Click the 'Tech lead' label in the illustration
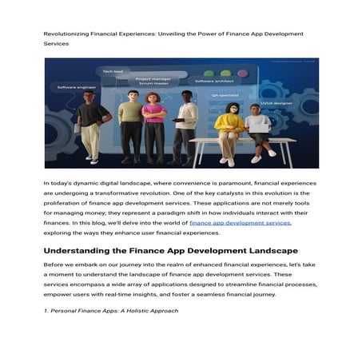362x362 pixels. coord(113,71)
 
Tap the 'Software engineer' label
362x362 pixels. coord(77,86)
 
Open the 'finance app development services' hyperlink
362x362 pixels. coord(240,223)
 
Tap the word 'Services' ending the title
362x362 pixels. coord(56,43)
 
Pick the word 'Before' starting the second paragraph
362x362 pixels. coord(54,265)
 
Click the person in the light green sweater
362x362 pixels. coord(129,124)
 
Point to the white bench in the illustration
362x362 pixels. coord(240,141)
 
